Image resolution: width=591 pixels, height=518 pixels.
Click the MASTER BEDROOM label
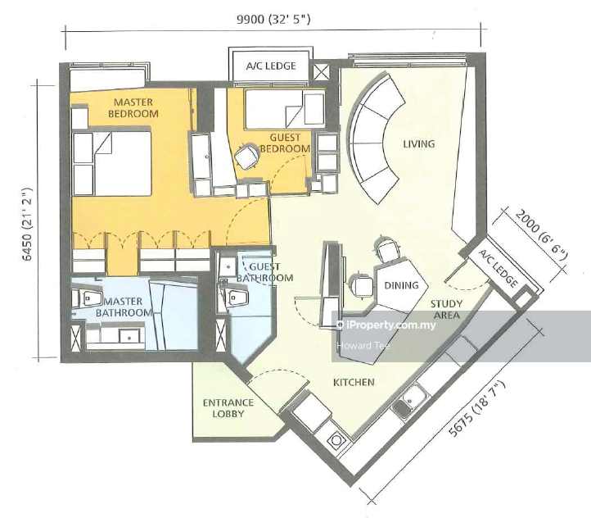[x=133, y=108]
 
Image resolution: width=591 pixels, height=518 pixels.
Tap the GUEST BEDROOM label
[x=285, y=143]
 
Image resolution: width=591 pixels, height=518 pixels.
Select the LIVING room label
[x=419, y=143]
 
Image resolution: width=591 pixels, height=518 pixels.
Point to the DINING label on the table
[x=401, y=285]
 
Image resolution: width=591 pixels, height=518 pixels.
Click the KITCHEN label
[x=354, y=382]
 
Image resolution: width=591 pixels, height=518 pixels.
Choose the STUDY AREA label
[x=446, y=309]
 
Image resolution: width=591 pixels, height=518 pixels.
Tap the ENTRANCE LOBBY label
[x=228, y=408]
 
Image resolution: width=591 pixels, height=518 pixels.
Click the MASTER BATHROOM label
[x=124, y=307]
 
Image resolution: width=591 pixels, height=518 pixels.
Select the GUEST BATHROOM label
[x=264, y=272]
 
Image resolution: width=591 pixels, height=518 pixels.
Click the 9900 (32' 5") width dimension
[x=273, y=19]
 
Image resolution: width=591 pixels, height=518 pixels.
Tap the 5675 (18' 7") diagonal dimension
[x=476, y=409]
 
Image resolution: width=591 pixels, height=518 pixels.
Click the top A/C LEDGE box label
[x=271, y=66]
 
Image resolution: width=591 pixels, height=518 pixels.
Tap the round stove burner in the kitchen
[x=336, y=440]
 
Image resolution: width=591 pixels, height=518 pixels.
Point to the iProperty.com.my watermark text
[x=386, y=325]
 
